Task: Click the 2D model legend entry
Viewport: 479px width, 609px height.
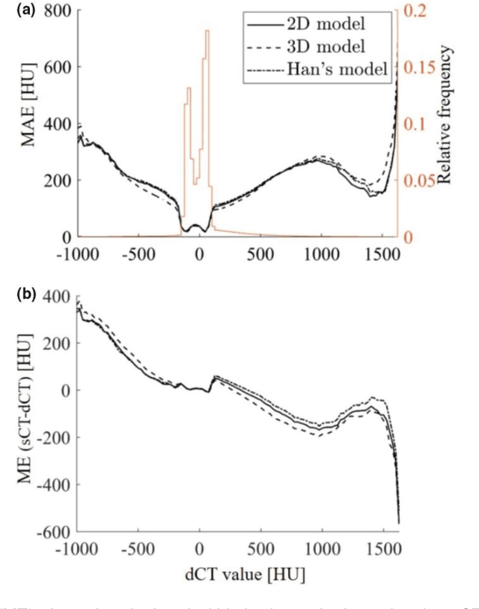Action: [x=329, y=22]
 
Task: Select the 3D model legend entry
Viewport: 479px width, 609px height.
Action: [x=330, y=46]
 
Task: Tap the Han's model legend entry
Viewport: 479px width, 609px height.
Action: [x=336, y=70]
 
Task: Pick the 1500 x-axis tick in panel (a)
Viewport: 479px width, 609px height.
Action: [x=383, y=253]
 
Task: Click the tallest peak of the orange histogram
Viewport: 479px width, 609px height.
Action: [x=207, y=31]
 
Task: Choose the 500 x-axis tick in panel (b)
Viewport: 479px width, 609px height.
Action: [x=260, y=548]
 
